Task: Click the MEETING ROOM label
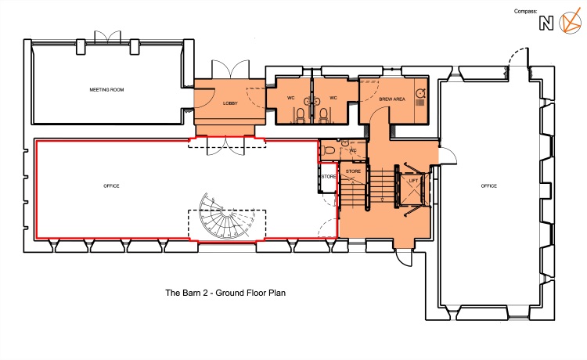click(x=106, y=90)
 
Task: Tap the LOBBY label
click(x=230, y=103)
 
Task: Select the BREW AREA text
click(x=392, y=99)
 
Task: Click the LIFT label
click(x=413, y=181)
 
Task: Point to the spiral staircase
click(x=225, y=217)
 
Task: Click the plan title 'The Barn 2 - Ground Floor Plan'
click(x=225, y=293)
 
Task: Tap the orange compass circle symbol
click(x=570, y=23)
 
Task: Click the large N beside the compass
click(x=546, y=23)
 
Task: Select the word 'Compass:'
click(x=525, y=11)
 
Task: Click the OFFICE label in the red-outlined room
click(x=111, y=186)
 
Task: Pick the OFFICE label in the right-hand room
click(x=488, y=186)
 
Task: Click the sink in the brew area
click(x=420, y=93)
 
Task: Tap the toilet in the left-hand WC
click(x=300, y=114)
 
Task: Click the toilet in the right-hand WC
click(x=323, y=114)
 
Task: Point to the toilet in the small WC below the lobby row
click(x=328, y=150)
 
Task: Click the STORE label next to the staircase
click(x=353, y=171)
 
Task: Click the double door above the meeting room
click(x=107, y=36)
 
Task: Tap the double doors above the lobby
click(x=230, y=69)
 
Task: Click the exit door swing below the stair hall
click(x=405, y=257)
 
